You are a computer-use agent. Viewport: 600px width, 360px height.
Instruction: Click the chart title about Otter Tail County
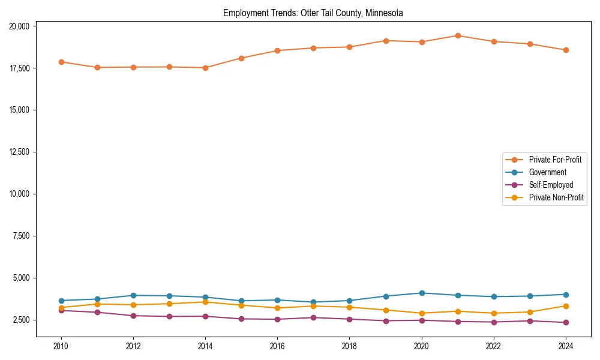[x=313, y=13]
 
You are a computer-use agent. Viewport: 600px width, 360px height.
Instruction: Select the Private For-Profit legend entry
[x=554, y=160]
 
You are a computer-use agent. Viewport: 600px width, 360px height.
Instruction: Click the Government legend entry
[x=547, y=172]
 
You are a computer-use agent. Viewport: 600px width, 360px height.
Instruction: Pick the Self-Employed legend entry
[x=551, y=185]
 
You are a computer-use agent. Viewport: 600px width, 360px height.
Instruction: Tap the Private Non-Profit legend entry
[x=556, y=197]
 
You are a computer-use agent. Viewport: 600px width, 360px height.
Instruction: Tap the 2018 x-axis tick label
[x=349, y=346]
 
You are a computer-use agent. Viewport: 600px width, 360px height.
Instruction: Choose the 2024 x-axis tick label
[x=566, y=346]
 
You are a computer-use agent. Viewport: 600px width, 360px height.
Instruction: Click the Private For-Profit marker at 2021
[x=458, y=35]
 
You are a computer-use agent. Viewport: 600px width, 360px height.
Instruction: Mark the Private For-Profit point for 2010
[x=61, y=62]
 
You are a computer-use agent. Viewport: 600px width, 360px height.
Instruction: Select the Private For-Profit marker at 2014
[x=205, y=68]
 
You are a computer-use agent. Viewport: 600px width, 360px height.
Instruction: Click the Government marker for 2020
[x=422, y=293]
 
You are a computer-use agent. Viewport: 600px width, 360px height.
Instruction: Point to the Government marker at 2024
[x=566, y=295]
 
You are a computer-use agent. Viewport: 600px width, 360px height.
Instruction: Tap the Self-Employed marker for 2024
[x=566, y=322]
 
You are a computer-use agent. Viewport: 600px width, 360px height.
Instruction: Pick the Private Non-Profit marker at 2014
[x=205, y=302]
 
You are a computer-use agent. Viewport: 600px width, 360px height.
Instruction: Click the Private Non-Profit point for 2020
[x=422, y=313]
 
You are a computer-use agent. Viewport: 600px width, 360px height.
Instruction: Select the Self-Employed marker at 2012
[x=133, y=316]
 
